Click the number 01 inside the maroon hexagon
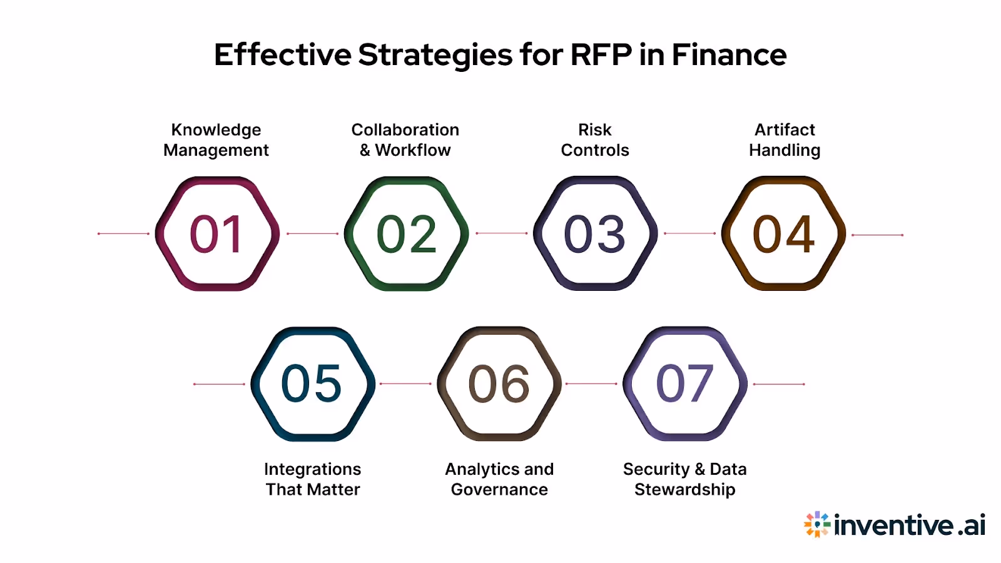click(x=216, y=234)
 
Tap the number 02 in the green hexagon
click(x=406, y=234)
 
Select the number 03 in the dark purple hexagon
click(x=594, y=234)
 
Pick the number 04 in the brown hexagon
click(x=783, y=234)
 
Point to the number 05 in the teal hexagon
click(x=312, y=383)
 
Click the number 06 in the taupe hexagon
click(x=499, y=383)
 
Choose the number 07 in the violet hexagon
click(x=684, y=383)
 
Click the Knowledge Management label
click(x=216, y=139)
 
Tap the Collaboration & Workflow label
click(x=405, y=139)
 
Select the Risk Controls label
click(x=595, y=139)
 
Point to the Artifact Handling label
click(x=785, y=139)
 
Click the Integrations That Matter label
click(x=313, y=479)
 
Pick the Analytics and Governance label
click(x=499, y=479)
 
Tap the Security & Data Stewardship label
click(x=684, y=479)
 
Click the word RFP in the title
click(x=601, y=55)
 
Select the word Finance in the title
click(x=729, y=55)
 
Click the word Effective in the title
click(x=283, y=55)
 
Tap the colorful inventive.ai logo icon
click(x=816, y=524)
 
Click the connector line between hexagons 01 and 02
click(x=312, y=234)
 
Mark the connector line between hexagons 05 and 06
click(x=405, y=383)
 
